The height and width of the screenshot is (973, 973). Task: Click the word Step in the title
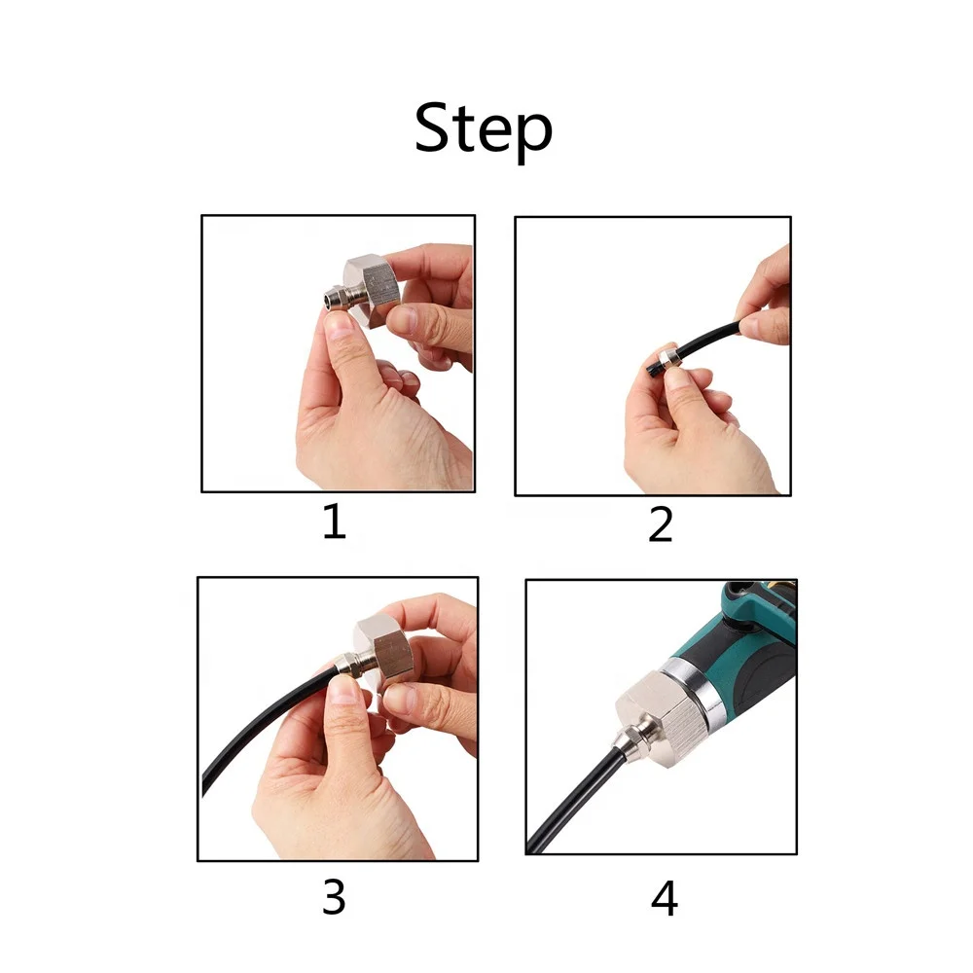[x=484, y=129]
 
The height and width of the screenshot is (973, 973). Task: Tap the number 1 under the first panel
[x=335, y=522]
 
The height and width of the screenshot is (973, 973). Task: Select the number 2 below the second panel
[x=661, y=524]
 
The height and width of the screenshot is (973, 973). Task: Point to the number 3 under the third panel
[x=334, y=897]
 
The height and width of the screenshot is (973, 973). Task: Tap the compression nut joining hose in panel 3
[x=348, y=666]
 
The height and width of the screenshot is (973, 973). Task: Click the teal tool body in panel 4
[x=739, y=645]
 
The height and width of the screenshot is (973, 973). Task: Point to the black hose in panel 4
[x=571, y=801]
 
